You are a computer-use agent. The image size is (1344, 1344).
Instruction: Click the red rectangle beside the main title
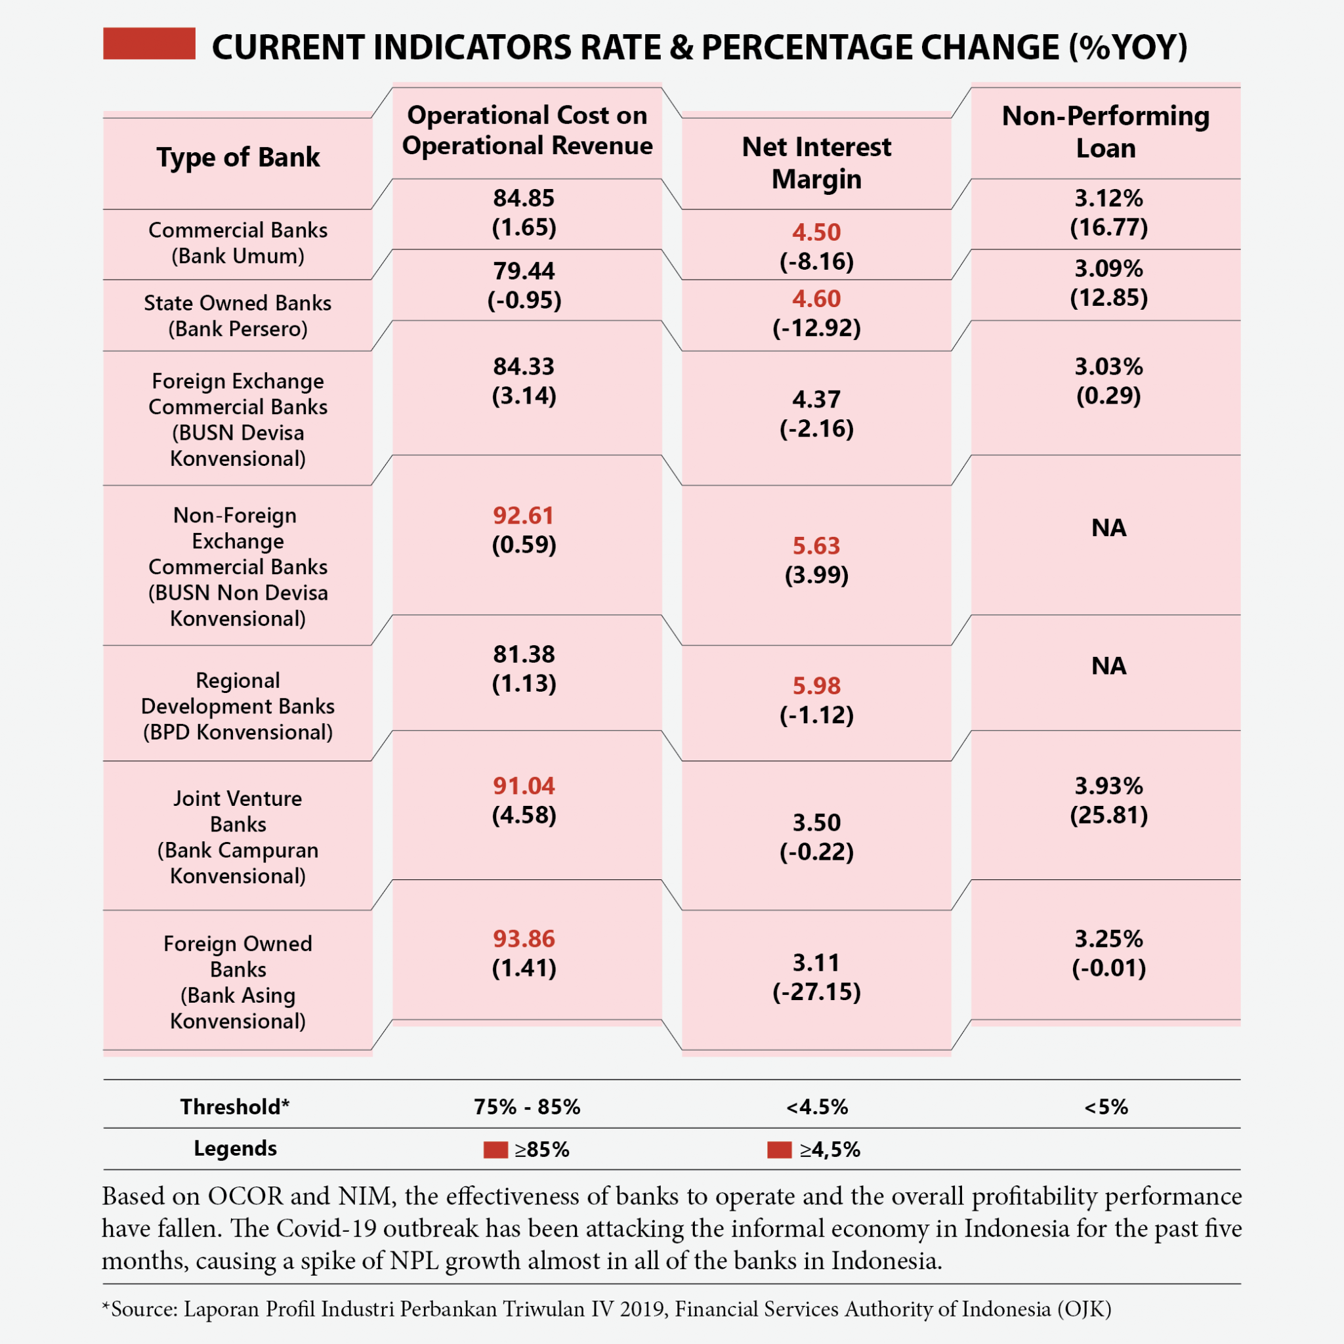[149, 43]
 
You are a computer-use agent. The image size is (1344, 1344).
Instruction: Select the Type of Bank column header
[238, 157]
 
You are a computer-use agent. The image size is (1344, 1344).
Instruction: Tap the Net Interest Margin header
[816, 163]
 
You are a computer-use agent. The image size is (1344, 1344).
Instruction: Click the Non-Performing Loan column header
[1105, 131]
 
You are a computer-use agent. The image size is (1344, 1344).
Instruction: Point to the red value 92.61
[524, 515]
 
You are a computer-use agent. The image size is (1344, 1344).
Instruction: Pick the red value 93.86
[524, 938]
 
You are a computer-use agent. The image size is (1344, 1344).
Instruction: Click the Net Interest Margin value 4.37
[816, 399]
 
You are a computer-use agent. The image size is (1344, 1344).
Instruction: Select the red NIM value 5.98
[816, 686]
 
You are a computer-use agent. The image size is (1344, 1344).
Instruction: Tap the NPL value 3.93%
[1108, 786]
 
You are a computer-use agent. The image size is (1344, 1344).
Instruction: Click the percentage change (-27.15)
[816, 992]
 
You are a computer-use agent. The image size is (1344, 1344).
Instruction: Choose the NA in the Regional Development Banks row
[1108, 665]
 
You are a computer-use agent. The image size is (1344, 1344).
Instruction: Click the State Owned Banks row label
[238, 315]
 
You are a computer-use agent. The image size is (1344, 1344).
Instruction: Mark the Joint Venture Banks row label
[238, 836]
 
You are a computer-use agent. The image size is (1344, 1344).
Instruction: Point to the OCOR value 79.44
[524, 270]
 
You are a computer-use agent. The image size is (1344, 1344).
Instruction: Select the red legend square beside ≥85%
[495, 1149]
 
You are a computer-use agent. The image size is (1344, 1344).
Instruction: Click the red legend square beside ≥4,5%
[779, 1149]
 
